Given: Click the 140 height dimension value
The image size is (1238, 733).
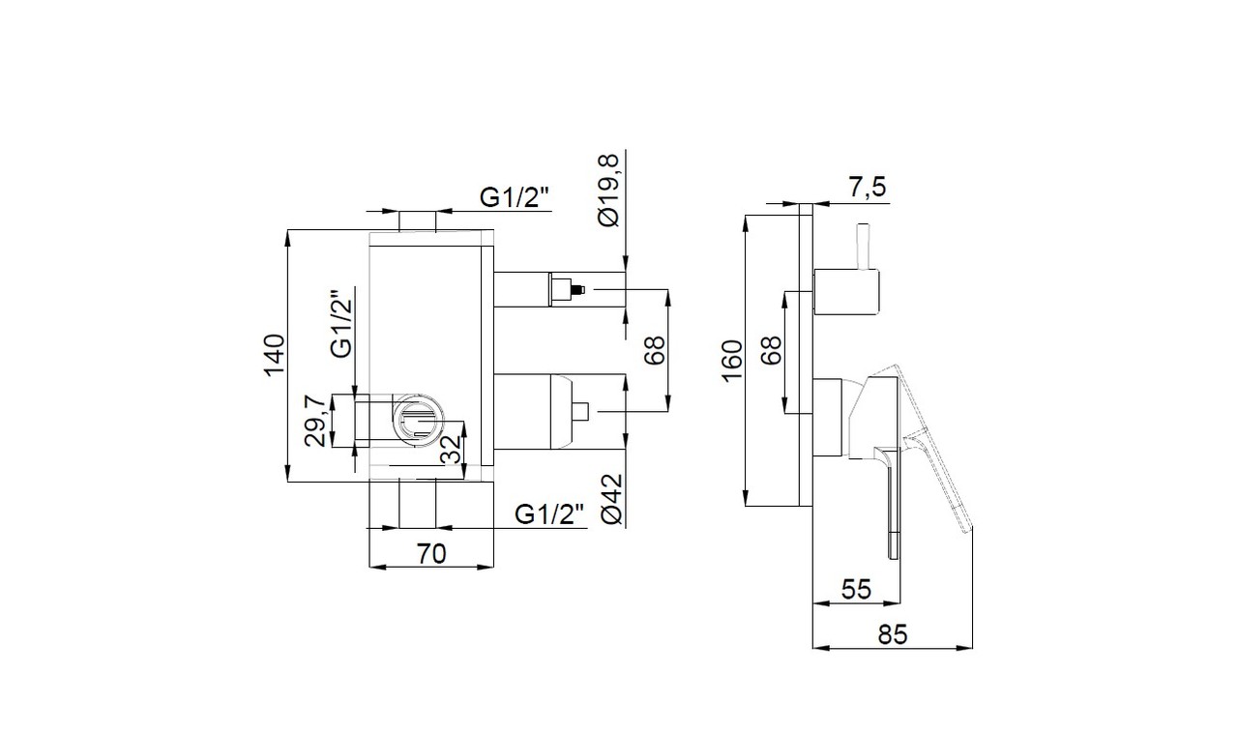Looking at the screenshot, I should coord(274,355).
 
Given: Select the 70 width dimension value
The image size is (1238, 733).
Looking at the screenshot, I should coord(431,554).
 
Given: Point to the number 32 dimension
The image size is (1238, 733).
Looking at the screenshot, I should coord(450,450).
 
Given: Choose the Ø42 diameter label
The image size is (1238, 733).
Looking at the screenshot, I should coord(608,501).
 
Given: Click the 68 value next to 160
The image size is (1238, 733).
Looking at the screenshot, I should coord(771,350).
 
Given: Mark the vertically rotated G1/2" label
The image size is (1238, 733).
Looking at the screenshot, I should coord(340,324).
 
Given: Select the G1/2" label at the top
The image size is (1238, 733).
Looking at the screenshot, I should coord(515,196).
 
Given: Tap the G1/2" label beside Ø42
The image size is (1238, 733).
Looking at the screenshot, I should coord(550,513).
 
